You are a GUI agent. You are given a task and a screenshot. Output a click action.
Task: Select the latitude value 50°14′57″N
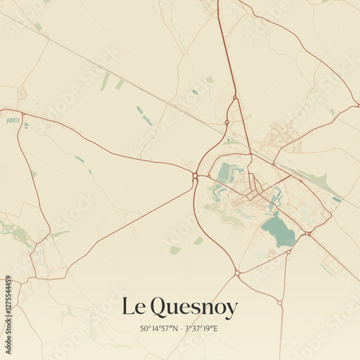click(x=161, y=329)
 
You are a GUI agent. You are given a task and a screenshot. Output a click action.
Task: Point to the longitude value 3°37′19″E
click(x=202, y=329)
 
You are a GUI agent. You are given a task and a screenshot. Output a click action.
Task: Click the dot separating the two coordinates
click(x=181, y=329)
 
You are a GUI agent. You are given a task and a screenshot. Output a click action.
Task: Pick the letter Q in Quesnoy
click(x=158, y=307)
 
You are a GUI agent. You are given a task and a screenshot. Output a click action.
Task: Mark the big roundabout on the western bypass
click(x=195, y=175)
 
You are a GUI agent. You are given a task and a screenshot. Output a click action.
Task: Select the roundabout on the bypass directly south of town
click(x=236, y=273)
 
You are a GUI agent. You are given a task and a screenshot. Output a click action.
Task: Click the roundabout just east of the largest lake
click(x=307, y=233)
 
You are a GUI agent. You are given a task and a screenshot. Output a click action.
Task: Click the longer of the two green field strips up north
click(x=105, y=81)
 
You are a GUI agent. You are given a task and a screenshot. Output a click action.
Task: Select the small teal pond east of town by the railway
click(x=336, y=199)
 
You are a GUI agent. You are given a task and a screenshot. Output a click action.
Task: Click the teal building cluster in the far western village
click(x=14, y=120)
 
